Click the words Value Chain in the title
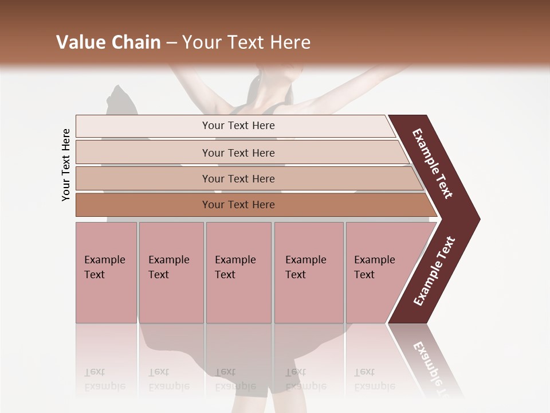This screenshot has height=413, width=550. pos(108,42)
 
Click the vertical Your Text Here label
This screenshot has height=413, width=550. pos(66,165)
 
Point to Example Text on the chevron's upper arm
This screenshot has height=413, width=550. pos(433,163)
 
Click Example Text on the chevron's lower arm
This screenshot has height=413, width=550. pos(434,271)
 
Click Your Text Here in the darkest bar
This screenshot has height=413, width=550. pos(238,205)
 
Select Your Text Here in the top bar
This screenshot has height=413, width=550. pos(238,126)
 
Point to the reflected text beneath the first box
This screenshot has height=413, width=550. pos(104,379)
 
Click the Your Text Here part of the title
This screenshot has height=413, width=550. pos(246,42)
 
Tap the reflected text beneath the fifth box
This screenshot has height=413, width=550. pos(374,379)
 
